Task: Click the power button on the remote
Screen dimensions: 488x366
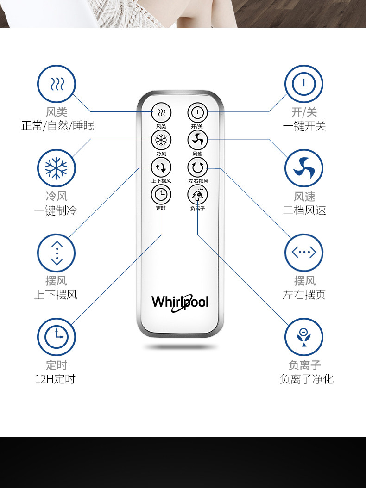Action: [x=197, y=112]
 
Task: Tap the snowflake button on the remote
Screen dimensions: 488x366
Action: [x=161, y=139]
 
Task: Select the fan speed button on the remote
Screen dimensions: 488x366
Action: [x=197, y=139]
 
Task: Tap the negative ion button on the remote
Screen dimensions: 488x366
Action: [x=197, y=195]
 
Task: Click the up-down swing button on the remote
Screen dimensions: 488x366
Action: [x=161, y=167]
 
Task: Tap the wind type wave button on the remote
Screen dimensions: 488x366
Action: [x=161, y=112]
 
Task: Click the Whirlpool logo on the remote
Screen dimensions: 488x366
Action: [x=180, y=302]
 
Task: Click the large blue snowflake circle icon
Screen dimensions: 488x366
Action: [x=56, y=168]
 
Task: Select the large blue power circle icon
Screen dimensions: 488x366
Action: [x=303, y=84]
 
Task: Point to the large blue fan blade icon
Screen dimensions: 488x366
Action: [x=303, y=168]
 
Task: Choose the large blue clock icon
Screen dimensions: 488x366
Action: [x=56, y=337]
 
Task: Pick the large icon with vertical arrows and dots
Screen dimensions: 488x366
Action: [x=56, y=253]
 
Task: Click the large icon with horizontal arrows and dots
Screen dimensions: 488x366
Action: [x=303, y=253]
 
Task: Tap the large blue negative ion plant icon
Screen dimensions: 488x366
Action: [x=303, y=337]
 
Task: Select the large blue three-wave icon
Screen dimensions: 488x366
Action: [x=56, y=84]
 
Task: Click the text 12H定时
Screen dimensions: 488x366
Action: [x=55, y=379]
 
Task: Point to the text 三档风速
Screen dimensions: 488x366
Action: [x=304, y=210]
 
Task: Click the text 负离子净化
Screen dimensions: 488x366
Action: [x=306, y=379]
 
